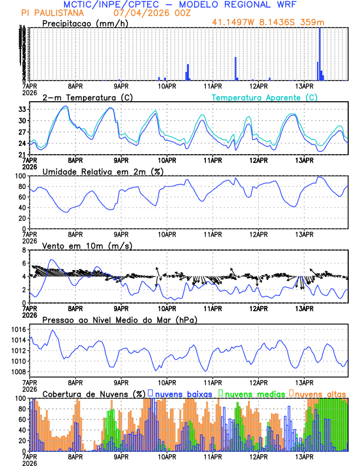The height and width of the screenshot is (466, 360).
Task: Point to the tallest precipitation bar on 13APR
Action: coord(319,53)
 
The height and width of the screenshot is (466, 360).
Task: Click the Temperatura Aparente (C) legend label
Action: coord(264,97)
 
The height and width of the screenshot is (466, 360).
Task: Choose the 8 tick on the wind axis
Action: coord(24,250)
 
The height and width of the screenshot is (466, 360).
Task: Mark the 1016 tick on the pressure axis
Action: coord(18,329)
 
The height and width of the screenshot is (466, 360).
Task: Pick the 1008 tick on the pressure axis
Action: coord(18,372)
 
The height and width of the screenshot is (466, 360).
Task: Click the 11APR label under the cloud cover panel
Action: coord(212,457)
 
